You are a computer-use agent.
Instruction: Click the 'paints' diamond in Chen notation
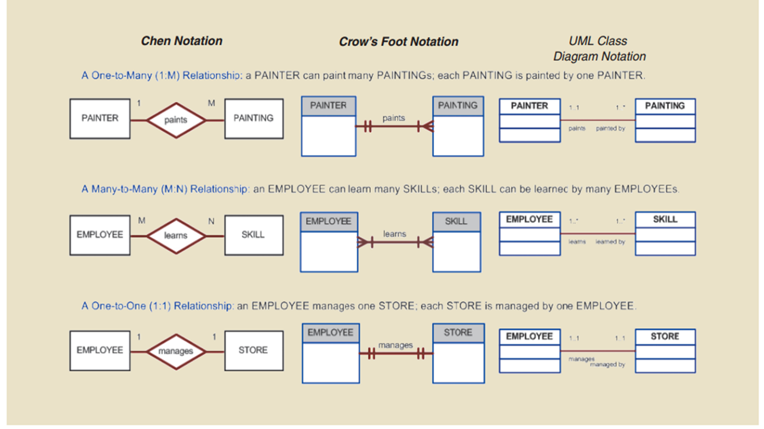[x=175, y=120]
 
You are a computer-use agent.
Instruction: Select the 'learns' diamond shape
[x=175, y=235]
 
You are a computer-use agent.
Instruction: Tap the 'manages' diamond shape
[x=175, y=351]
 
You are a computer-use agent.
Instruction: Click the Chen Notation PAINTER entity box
[x=100, y=118]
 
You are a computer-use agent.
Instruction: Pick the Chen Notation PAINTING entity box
[x=253, y=118]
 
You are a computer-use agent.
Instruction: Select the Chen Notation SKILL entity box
[x=253, y=234]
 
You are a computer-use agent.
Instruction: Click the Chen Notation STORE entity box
[x=253, y=350]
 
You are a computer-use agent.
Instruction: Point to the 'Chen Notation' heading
[x=182, y=41]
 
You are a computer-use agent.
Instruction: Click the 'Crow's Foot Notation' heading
[x=398, y=42]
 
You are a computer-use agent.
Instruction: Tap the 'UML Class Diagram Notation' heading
[x=599, y=49]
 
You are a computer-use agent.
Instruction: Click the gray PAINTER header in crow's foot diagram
[x=328, y=106]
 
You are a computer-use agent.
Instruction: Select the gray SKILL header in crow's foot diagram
[x=456, y=222]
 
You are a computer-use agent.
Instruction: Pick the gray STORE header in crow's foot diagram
[x=458, y=333]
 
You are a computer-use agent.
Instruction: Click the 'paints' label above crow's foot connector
[x=393, y=118]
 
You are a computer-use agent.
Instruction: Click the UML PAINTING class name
[x=664, y=106]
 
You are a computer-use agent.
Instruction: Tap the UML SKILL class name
[x=664, y=219]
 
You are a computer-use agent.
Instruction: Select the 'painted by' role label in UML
[x=610, y=129]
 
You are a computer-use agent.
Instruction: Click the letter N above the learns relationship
[x=211, y=221]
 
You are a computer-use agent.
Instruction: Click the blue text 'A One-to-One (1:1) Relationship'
[x=157, y=306]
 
